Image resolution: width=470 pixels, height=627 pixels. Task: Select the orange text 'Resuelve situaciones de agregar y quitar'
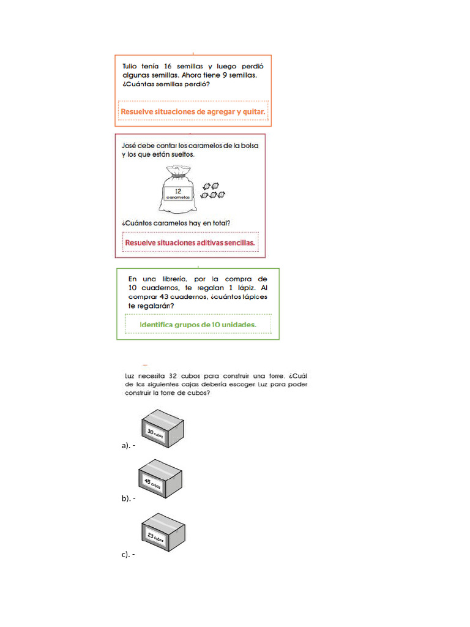pos(193,111)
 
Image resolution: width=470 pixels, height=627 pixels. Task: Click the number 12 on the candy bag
pos(178,191)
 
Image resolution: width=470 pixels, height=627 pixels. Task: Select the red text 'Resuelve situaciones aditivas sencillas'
pos(190,242)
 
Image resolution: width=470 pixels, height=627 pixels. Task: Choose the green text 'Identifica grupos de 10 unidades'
pos(198,324)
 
